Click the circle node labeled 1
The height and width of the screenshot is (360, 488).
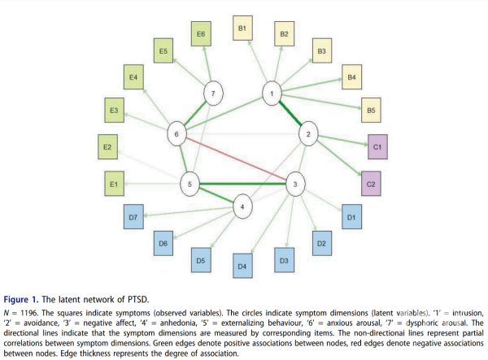[272, 94]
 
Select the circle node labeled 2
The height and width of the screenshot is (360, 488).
[307, 133]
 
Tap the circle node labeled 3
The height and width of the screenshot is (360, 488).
[295, 184]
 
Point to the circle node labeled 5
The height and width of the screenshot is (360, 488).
[189, 184]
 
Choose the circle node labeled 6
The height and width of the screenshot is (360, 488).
[176, 133]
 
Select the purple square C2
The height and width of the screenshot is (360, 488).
[371, 184]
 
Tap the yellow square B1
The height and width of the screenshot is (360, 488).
[242, 28]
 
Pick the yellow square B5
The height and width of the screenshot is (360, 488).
[370, 109]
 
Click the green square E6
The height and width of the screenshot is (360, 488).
[201, 34]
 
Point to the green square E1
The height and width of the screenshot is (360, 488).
[114, 185]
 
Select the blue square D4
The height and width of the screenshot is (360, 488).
[241, 265]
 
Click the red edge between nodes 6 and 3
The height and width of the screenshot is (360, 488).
[236, 159]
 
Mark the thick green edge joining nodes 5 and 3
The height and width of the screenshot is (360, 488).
[242, 184]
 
